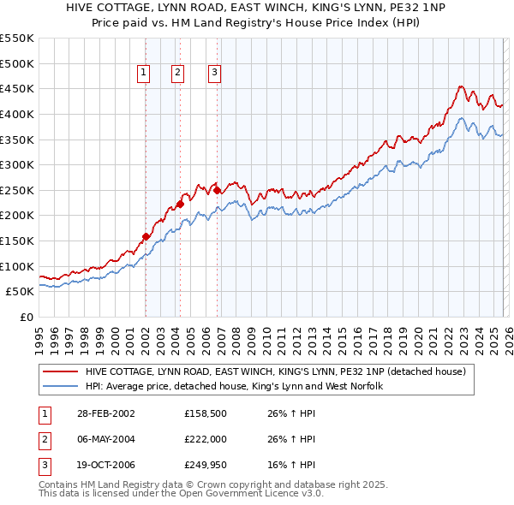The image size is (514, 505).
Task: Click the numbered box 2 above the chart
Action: point(177,74)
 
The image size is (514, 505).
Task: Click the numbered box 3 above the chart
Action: point(214,74)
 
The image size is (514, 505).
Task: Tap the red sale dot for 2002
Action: point(146,236)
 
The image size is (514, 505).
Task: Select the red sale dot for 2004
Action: point(180,204)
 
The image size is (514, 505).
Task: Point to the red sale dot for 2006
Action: point(218,190)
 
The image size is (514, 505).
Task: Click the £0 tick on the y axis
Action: point(26,317)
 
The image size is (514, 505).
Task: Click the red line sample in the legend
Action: point(60,371)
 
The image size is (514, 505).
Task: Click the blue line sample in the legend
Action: point(60,386)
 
